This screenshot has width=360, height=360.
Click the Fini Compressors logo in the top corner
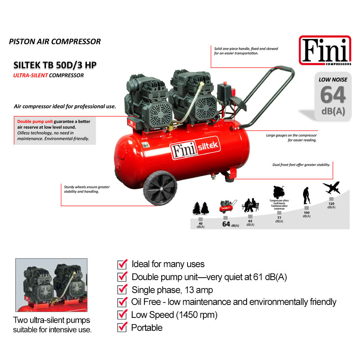pyautogui.click(x=325, y=51)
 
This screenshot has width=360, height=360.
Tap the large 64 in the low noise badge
pyautogui.click(x=333, y=95)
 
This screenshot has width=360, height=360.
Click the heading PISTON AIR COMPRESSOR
pyautogui.click(x=55, y=41)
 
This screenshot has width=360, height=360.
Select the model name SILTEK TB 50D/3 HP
pyautogui.click(x=55, y=65)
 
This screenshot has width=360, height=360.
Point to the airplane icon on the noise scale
pyautogui.click(x=332, y=188)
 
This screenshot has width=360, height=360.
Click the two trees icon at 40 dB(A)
pyautogui.click(x=201, y=208)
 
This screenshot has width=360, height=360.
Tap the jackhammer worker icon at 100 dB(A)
pyautogui.click(x=306, y=196)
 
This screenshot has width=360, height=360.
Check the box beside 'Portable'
pyautogui.click(x=122, y=328)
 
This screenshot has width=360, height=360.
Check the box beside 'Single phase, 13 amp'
pyautogui.click(x=122, y=289)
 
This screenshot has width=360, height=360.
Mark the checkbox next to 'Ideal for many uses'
pyautogui.click(x=122, y=264)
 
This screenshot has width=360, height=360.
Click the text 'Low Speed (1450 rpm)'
pyautogui.click(x=174, y=315)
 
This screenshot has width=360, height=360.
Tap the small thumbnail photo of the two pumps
pyautogui.click(x=51, y=285)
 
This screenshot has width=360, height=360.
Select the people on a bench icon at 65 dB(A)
pyautogui.click(x=250, y=206)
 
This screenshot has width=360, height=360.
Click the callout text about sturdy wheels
pyautogui.click(x=87, y=189)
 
